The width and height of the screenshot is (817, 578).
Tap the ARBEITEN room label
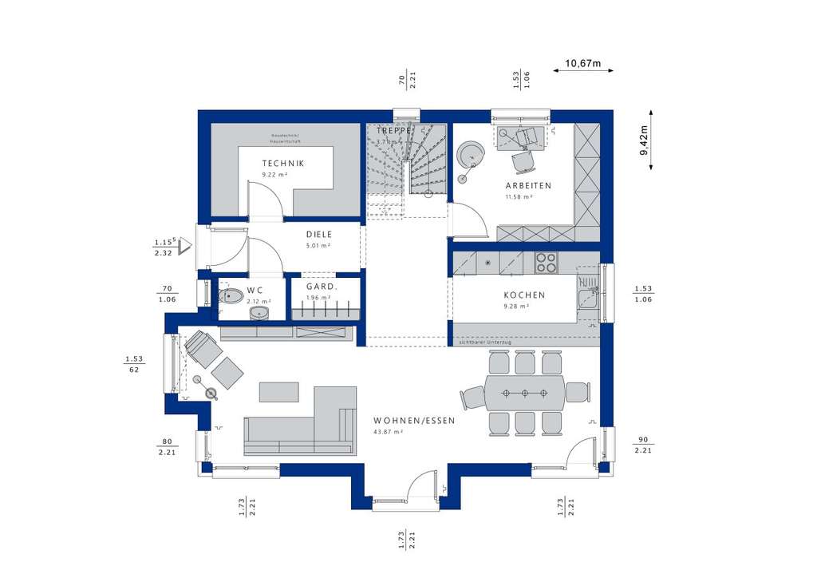coord(527,185)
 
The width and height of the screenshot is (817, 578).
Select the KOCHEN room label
coord(524,295)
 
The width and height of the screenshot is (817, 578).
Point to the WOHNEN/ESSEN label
coord(414,421)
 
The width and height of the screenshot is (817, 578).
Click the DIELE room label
coord(318,235)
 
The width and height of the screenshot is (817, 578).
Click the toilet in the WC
coord(231,297)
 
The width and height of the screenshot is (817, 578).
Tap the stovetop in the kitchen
coord(547,260)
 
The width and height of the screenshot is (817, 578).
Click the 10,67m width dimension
coord(582,63)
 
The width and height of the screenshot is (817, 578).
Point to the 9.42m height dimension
coord(645,139)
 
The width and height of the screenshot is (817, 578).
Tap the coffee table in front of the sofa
coord(279,391)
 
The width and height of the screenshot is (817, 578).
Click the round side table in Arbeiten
coord(471,152)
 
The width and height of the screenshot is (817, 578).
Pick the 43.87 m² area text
coord(388,432)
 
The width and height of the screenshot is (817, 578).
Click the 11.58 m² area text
coord(519,196)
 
